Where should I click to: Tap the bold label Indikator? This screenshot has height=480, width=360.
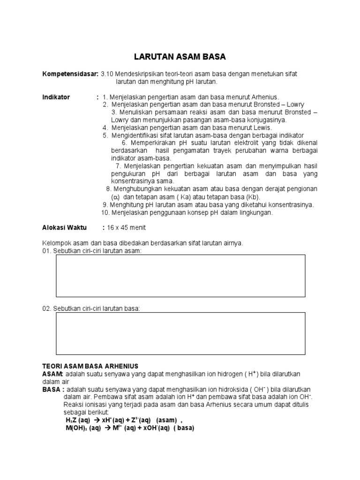(x=56, y=97)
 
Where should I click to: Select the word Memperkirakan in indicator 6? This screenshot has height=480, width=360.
(x=150, y=142)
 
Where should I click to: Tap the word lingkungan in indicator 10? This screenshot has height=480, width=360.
(x=256, y=212)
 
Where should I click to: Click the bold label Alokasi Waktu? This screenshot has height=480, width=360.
(x=65, y=228)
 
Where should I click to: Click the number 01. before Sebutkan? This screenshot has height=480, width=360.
(x=48, y=251)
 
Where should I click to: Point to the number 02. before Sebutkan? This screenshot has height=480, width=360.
(x=48, y=308)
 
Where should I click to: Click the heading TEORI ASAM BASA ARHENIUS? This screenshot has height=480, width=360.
(x=90, y=366)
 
